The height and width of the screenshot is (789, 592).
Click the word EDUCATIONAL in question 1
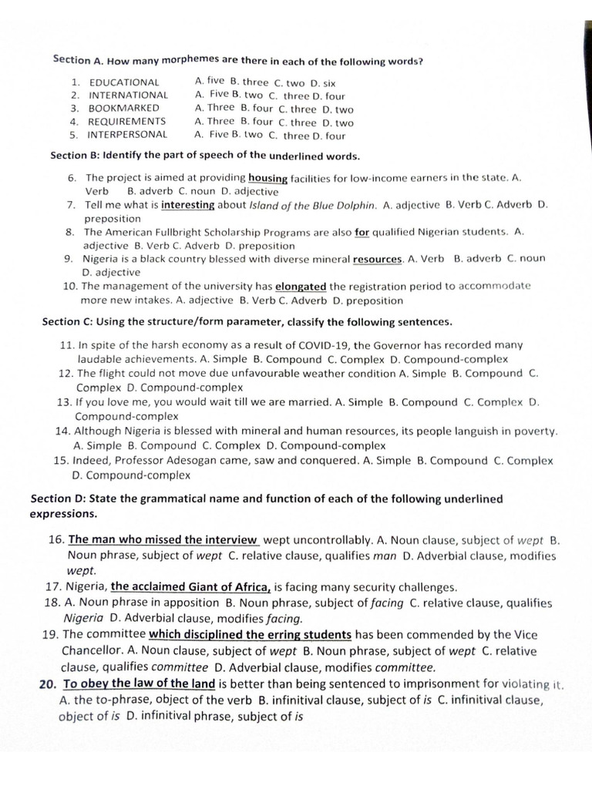pos(124,82)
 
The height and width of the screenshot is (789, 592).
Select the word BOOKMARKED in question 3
pos(124,109)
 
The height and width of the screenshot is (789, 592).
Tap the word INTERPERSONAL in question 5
pos(127,134)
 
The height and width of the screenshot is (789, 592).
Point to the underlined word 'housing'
pos(268,178)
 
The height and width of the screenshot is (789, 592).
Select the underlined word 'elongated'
pos(301,287)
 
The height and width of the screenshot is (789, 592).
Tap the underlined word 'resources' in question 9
pos(377,260)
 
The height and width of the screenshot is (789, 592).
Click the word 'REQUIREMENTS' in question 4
pos(127,122)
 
